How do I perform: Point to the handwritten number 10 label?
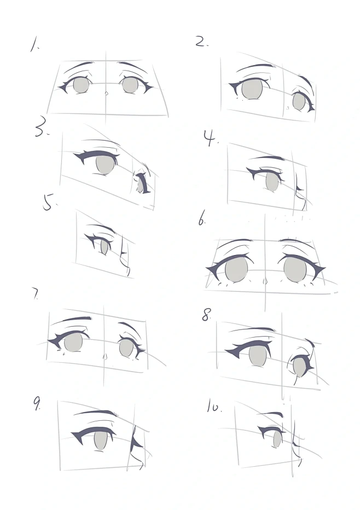point(214,407)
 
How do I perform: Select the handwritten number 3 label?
point(42,129)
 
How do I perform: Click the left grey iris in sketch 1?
point(80,85)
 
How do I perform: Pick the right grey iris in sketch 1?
point(130,85)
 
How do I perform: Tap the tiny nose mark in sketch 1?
point(106,94)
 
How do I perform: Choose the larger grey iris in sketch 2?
point(253,89)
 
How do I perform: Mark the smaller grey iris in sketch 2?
point(299,101)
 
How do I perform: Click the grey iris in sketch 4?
point(272,182)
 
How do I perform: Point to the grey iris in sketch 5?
point(104,247)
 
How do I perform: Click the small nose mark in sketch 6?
point(265,282)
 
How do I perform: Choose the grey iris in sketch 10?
point(277,439)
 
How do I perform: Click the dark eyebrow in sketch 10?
point(272,413)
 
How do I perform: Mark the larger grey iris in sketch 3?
point(106,165)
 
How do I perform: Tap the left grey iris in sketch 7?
point(73,342)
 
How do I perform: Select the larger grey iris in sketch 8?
point(257,356)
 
